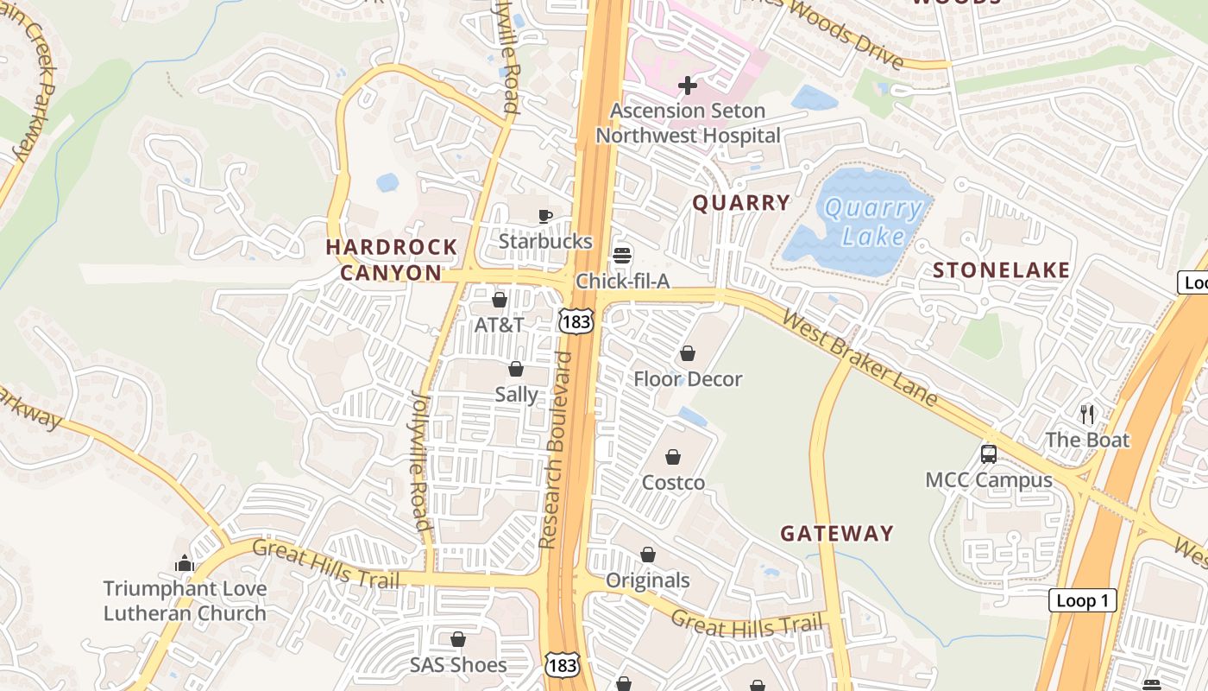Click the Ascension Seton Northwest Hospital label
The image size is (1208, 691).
pos(688,123)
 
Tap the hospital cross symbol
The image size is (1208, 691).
pos(688,86)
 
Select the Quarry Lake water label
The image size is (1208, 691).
pos(872,222)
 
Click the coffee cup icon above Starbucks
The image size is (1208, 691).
pos(544,217)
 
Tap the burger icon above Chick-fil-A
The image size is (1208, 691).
pos(622,255)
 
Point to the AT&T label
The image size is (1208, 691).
pos(499,325)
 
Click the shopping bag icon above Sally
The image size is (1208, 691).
pos(516,370)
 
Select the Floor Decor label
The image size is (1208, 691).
pos(688,379)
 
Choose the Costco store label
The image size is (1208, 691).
pos(673,483)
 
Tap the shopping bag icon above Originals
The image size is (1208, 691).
pos(647,555)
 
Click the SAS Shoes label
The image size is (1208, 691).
pos(458,665)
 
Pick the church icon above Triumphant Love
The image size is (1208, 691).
pos(185,564)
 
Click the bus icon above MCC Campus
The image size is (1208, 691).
pos(989,454)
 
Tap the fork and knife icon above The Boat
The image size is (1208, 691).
pos(1087,415)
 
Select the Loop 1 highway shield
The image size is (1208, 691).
pos(1082,601)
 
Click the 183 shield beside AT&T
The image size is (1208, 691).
pos(576,321)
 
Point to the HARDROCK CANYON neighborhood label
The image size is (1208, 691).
pos(391,260)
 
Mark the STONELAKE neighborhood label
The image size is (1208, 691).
pos(1001,270)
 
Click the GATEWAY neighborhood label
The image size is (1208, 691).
pos(837,534)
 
